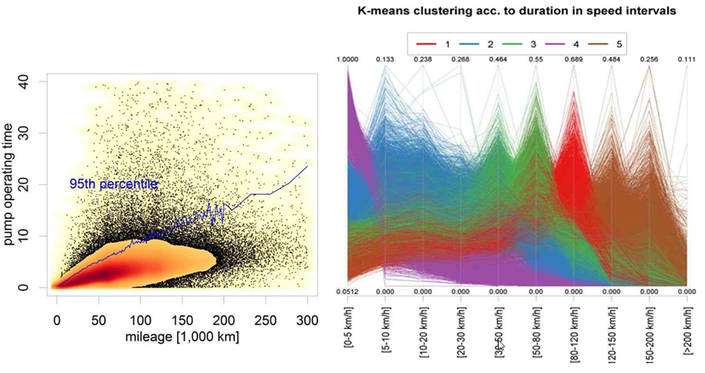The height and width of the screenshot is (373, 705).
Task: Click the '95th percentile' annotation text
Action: (113, 184)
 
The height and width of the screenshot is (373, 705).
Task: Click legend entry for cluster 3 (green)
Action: (519, 43)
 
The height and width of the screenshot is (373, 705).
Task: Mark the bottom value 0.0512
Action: (348, 291)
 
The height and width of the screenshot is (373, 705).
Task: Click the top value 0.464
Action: (498, 59)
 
